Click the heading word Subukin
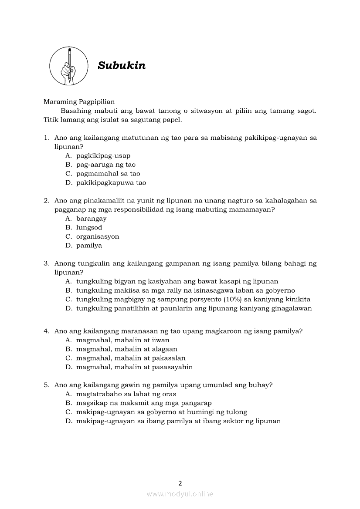(122, 65)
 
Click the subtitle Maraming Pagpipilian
(79, 102)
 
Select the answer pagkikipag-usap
(103, 155)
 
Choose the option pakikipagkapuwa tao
(111, 183)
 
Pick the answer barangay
(91, 219)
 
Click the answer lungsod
(89, 228)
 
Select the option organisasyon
(97, 236)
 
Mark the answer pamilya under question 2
(89, 246)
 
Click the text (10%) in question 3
(233, 300)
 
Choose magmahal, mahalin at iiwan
(122, 340)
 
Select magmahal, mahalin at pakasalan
(131, 358)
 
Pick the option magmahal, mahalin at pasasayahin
(134, 367)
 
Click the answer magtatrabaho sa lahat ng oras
(126, 394)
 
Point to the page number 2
(180, 483)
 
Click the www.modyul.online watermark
(180, 494)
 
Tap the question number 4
(46, 331)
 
